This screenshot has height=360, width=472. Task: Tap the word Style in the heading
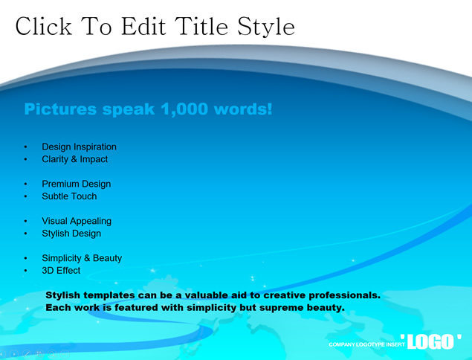(266, 28)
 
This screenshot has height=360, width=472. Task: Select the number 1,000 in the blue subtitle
(184, 109)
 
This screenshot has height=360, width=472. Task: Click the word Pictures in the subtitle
(60, 109)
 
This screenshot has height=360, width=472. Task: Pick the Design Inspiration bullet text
(80, 147)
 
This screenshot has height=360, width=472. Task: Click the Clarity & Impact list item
(75, 159)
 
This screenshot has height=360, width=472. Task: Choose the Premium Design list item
(77, 184)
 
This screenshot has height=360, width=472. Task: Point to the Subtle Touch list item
(70, 196)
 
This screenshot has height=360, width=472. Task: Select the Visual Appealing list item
(77, 221)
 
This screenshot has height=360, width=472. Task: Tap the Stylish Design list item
(71, 234)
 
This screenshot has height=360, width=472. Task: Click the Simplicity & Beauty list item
(82, 258)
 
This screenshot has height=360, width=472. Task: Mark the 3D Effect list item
(61, 271)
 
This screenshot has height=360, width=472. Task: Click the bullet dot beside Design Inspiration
(25, 147)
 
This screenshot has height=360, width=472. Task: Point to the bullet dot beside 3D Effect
(25, 271)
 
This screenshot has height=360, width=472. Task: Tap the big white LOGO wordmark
(431, 342)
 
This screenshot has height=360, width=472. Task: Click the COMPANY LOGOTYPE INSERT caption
(366, 344)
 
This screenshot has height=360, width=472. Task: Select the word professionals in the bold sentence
(345, 295)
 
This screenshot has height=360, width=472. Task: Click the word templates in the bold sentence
(109, 295)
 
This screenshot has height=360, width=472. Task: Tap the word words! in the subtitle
(243, 109)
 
